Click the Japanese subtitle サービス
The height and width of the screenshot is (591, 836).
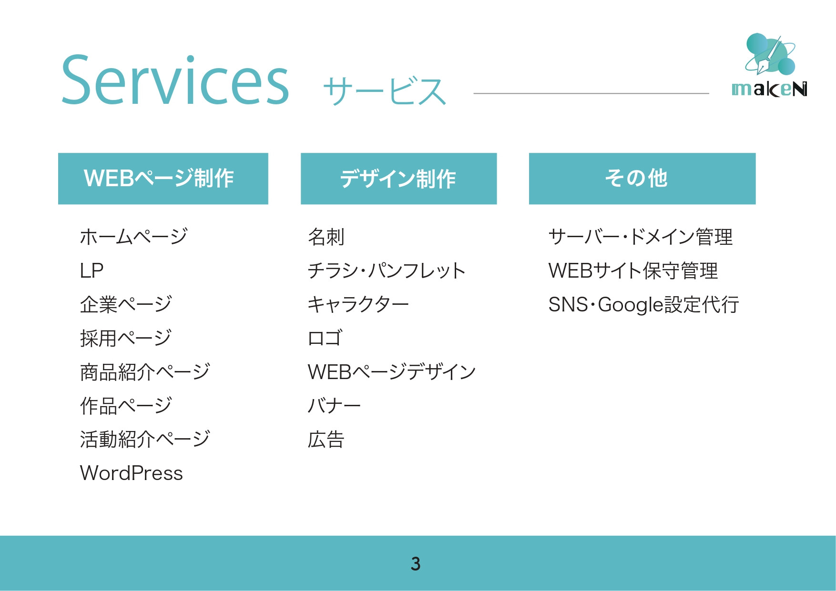384,91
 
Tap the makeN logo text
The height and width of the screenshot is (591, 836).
769,89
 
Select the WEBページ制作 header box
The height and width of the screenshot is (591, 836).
163,179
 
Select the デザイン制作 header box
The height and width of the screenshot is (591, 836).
398,179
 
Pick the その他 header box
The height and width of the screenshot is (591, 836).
642,179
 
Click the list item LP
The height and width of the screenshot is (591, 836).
92,270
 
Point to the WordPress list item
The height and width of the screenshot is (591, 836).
132,473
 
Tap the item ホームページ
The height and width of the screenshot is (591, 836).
133,237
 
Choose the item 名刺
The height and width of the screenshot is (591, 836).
326,237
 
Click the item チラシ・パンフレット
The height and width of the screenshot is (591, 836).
386,270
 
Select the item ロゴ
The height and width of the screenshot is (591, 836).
325,338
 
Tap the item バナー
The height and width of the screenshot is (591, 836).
334,406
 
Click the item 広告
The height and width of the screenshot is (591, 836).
326,439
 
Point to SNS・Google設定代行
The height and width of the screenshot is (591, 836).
643,305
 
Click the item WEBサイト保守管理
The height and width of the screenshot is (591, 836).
633,270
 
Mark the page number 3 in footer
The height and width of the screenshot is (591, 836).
416,563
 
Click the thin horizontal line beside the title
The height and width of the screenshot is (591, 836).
591,93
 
